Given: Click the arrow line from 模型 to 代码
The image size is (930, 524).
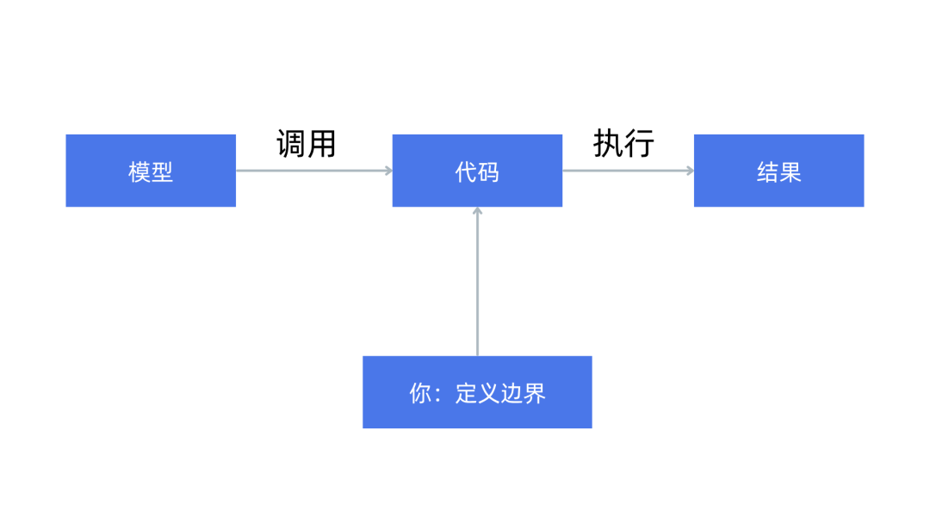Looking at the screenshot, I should pos(310,171).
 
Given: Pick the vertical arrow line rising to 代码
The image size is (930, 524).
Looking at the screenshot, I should pos(477,284).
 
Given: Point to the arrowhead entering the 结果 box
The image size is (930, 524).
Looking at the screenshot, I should pos(689,171).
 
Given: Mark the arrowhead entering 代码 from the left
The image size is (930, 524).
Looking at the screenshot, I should pos(387,171).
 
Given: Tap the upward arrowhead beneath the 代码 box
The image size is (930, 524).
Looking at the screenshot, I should pos(477,211).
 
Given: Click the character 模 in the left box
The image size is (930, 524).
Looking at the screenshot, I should pos(139,172).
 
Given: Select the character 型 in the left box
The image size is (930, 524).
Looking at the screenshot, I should pos(162,172).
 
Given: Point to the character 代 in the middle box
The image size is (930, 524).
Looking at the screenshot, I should pos(466,172).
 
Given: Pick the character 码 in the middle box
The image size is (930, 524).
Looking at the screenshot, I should pos(488,172).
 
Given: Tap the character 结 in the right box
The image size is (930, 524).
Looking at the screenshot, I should pos(767,172).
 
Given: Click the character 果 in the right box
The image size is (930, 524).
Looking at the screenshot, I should pos(790,172).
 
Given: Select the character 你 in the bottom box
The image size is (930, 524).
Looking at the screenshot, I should pos(420,393).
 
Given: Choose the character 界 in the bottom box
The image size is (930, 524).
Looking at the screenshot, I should pos(535,393).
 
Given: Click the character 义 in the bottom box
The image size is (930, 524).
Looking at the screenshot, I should pos(489,393).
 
